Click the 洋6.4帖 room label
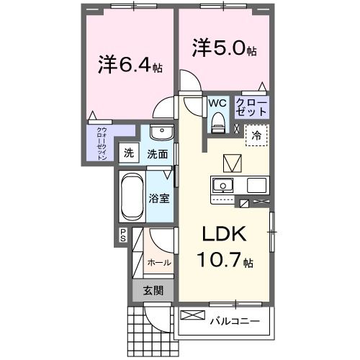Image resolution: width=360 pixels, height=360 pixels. point(130,65)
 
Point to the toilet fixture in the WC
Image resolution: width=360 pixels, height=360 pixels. point(217,125)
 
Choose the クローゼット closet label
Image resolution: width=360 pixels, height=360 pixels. point(252,107)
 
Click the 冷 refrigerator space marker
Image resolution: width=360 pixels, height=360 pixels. point(256,135)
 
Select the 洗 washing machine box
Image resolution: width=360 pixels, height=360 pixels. point(129,153)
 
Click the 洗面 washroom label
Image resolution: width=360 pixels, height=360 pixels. point(158,153)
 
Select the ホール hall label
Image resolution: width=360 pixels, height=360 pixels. point(159,263)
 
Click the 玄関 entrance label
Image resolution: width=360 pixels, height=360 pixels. point(152,291)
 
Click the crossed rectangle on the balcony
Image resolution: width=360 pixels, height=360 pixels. point(193,315)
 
